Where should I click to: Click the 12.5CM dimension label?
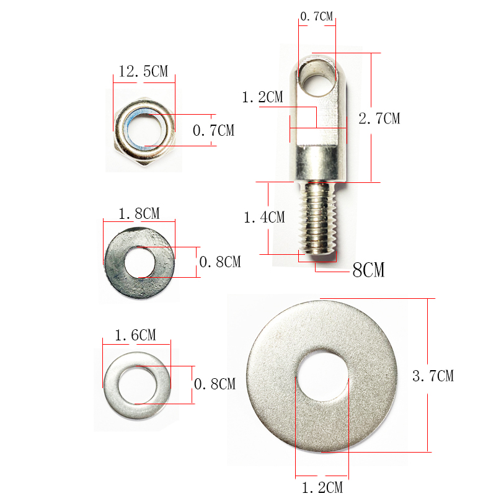click(143, 71)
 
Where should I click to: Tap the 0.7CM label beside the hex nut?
click(213, 130)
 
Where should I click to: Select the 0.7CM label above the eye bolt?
click(317, 17)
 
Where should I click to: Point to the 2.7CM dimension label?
click(379, 118)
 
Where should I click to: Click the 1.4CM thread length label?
click(265, 218)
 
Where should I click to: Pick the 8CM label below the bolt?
click(368, 270)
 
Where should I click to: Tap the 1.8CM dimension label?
click(139, 213)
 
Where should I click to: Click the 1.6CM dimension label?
click(135, 335)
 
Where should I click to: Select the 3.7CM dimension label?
click(433, 376)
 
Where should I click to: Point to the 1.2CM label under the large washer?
click(322, 487)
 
